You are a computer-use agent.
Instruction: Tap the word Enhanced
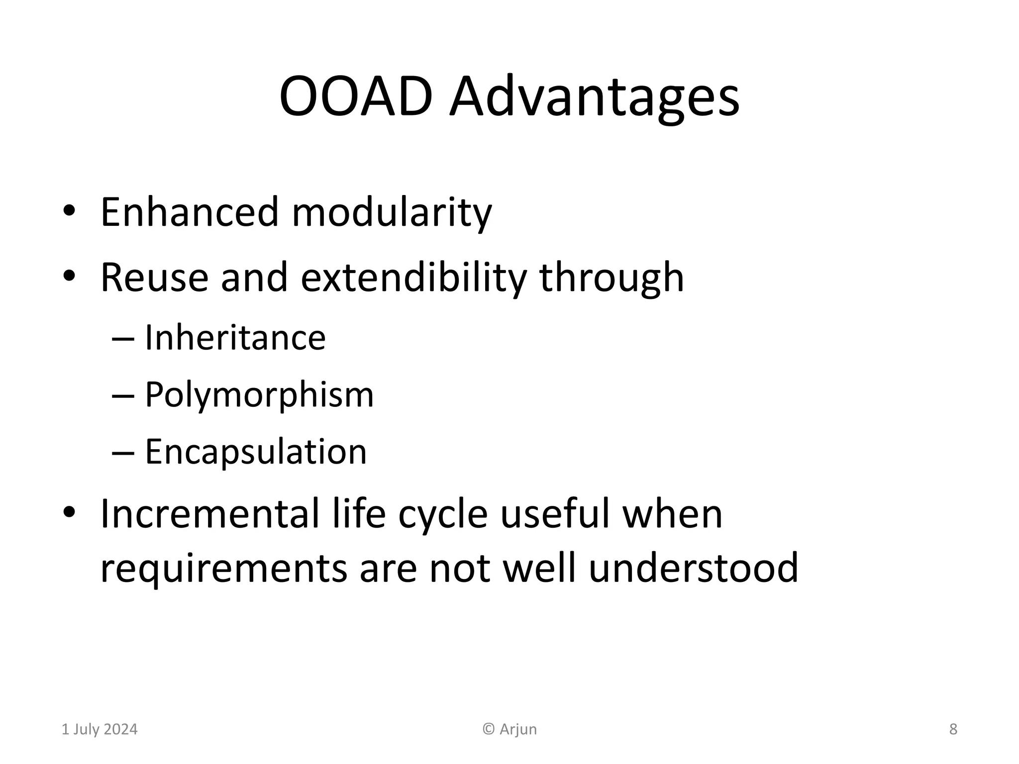pyautogui.click(x=189, y=212)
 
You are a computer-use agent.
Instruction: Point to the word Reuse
pyautogui.click(x=154, y=278)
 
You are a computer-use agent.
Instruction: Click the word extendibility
pyautogui.click(x=413, y=278)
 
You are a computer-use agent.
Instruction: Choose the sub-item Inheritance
pyautogui.click(x=235, y=338)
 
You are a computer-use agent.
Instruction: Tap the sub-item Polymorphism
pyautogui.click(x=259, y=396)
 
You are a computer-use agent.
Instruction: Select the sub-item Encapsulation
pyautogui.click(x=256, y=452)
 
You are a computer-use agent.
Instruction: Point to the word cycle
pyautogui.click(x=443, y=515)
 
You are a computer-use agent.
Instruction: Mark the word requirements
pyautogui.click(x=223, y=569)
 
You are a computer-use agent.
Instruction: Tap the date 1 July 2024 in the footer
pyautogui.click(x=100, y=729)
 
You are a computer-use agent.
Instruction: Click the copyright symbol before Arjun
pyautogui.click(x=489, y=729)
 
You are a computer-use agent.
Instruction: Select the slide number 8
pyautogui.click(x=953, y=729)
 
